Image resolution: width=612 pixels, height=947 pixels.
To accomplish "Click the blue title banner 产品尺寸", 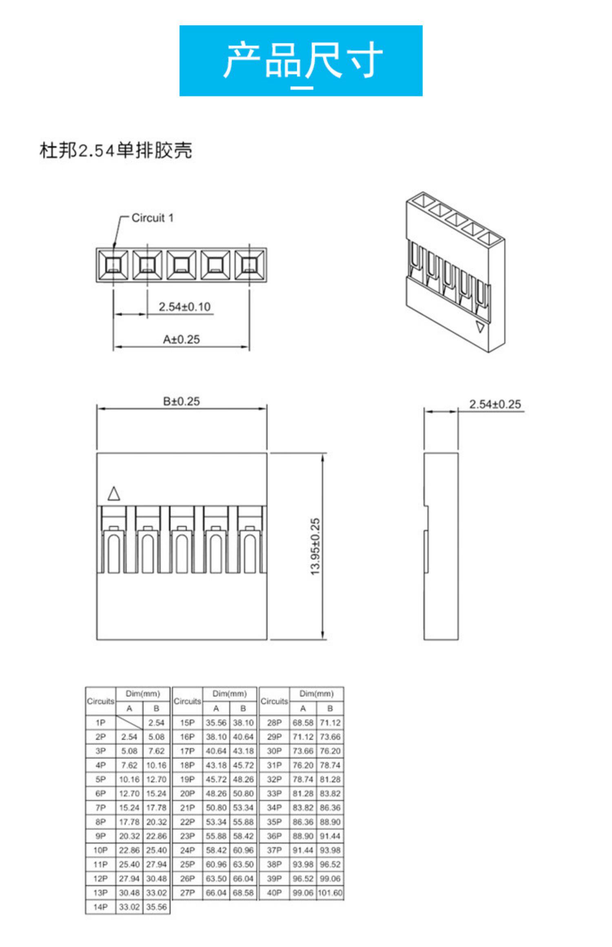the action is tap(301, 60).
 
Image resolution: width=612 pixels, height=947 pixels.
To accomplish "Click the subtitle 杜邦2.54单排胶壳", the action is tap(115, 150).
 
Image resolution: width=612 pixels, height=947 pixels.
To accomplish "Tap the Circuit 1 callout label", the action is tap(152, 218).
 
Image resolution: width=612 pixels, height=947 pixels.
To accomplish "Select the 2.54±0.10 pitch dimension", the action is tap(184, 307).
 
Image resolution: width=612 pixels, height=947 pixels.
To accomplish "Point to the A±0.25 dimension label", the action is tap(181, 339).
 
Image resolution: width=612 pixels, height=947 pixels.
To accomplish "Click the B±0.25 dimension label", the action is tap(181, 401).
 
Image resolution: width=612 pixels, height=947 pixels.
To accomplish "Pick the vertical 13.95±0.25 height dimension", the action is tap(315, 547).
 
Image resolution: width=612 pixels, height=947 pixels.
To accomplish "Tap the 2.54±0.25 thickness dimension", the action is tap(494, 404).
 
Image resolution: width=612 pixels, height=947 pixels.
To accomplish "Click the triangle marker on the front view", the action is tap(114, 494).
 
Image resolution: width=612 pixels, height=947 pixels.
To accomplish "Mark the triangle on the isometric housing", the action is tap(481, 327).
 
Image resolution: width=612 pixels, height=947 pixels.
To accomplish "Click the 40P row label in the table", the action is tap(274, 893).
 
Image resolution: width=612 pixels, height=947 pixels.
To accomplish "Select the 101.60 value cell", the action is tap(330, 893).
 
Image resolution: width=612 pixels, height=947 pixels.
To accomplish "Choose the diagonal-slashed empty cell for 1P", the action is tap(129, 723).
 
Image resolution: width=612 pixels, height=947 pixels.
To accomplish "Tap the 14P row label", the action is tap(100, 907).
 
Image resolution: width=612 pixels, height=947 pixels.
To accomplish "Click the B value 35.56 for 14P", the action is tap(156, 907).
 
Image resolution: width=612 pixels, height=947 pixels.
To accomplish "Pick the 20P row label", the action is tap(187, 793).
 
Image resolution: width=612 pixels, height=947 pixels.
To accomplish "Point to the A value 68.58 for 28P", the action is tap(303, 723).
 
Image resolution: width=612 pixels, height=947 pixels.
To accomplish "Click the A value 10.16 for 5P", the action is tap(129, 779).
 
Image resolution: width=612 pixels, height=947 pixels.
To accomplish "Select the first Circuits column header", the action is tap(100, 701).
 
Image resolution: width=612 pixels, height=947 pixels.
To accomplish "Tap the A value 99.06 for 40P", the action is tap(303, 893).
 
